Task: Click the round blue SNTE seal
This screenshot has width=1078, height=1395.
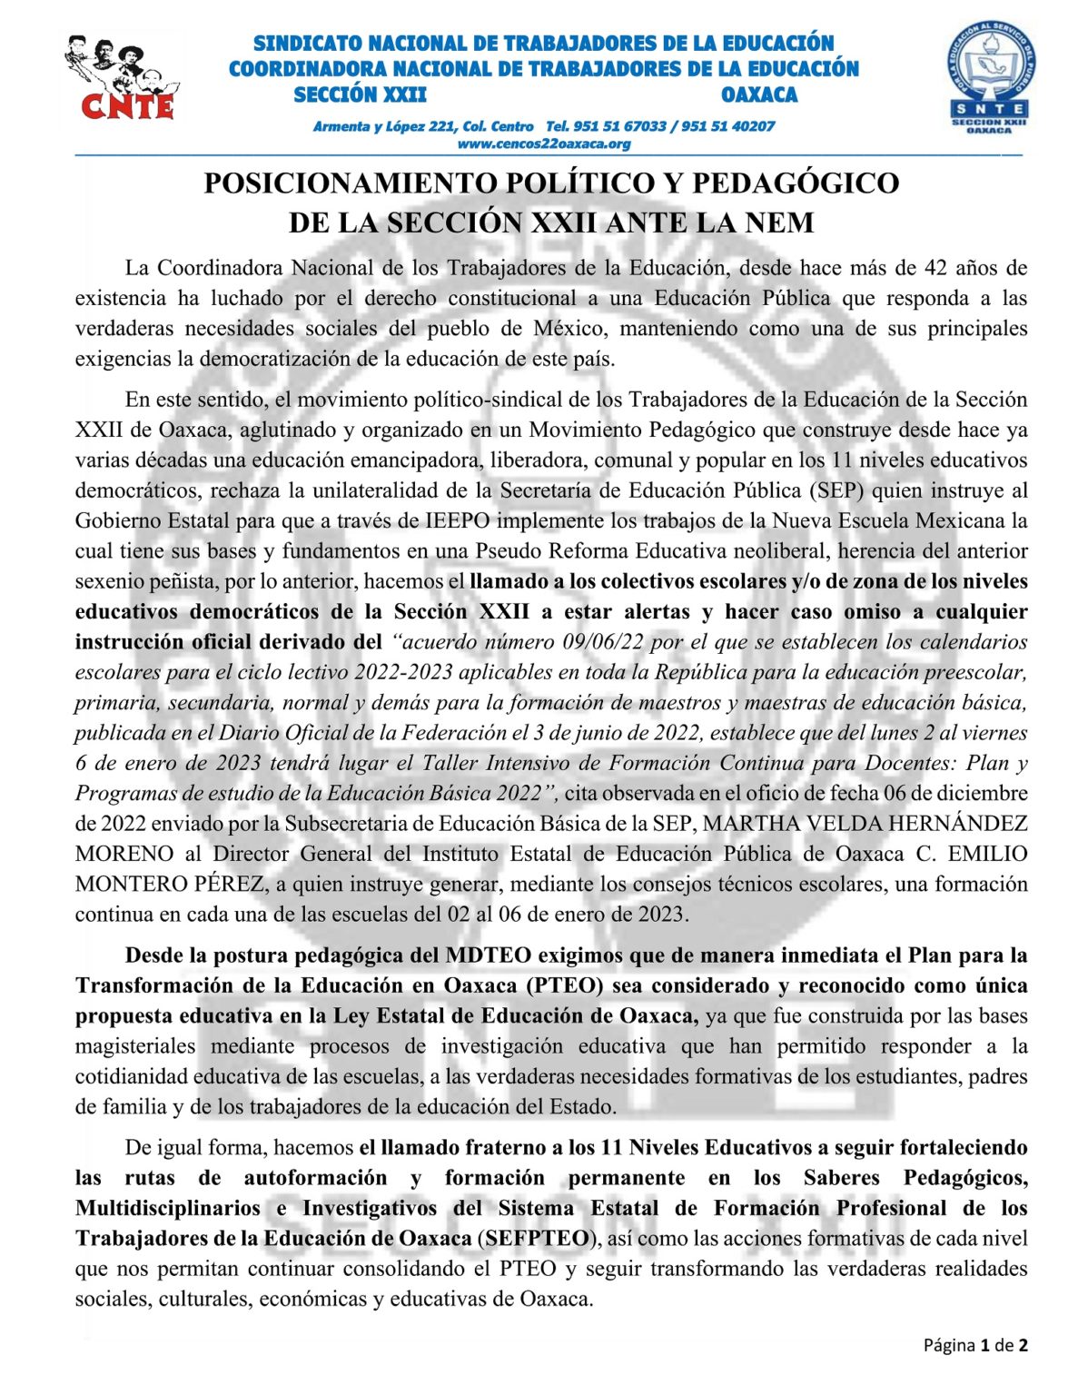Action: pos(989,80)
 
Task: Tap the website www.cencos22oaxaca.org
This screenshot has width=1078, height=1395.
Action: pos(543,143)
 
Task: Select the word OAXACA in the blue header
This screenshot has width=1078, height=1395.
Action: pos(759,95)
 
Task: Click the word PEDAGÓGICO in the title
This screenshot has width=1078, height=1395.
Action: pos(796,183)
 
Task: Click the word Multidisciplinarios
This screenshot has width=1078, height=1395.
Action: pos(168,1208)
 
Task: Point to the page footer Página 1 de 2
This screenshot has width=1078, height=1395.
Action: pos(975,1345)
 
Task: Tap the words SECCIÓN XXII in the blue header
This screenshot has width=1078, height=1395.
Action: pos(361,95)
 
